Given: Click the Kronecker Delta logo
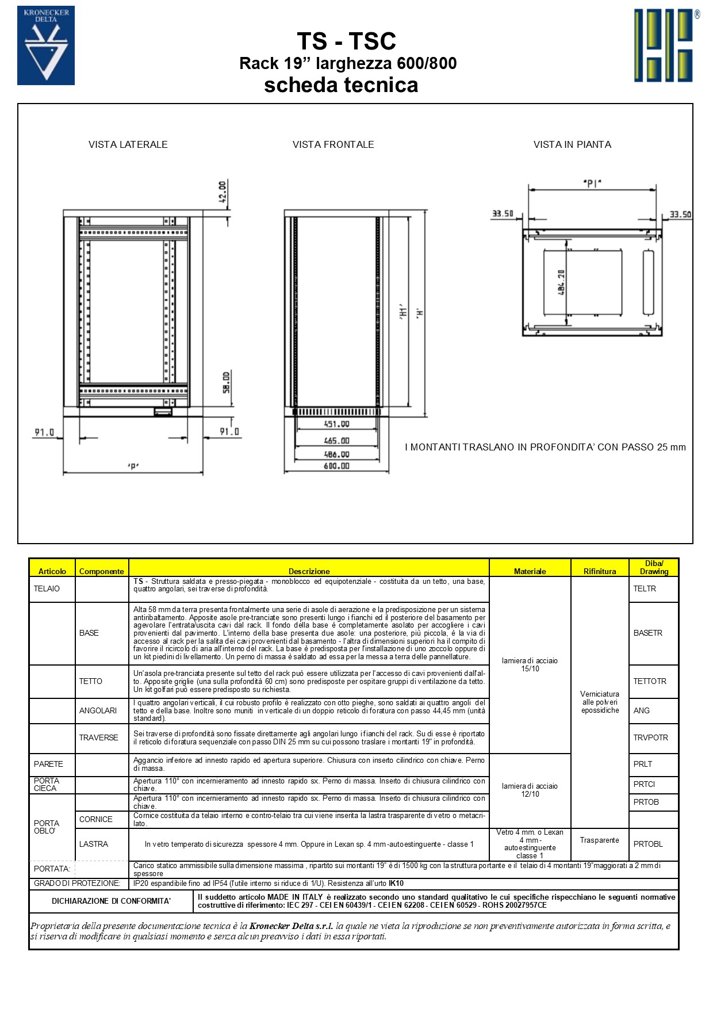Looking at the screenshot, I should [46, 45].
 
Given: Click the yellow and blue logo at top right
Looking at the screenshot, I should [666, 45].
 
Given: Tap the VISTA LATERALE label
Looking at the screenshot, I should [128, 144].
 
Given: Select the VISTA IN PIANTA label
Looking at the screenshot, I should [572, 144].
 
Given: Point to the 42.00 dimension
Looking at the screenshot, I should [223, 192].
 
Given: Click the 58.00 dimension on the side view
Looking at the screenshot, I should [226, 382].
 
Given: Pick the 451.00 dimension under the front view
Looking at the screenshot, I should [336, 424].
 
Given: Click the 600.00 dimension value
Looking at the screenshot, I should [336, 466].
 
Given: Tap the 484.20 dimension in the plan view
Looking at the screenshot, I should [561, 282].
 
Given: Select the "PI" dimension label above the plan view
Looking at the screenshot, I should [592, 184].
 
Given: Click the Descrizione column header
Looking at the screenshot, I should [309, 571].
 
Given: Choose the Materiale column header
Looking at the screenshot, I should [530, 571].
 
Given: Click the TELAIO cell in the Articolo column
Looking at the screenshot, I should [47, 588].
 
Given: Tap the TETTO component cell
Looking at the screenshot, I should [91, 681].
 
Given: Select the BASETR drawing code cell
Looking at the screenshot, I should [648, 633].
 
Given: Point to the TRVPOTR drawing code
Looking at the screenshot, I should [650, 737].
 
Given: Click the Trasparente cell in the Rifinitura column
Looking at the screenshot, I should [599, 840].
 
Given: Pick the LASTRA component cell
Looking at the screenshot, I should [94, 844].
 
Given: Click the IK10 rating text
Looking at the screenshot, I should [396, 883].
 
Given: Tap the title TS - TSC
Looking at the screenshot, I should [346, 41].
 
